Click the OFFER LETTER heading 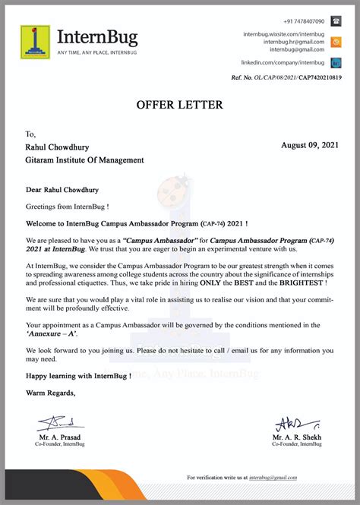(180, 104)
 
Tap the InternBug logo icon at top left (34, 41)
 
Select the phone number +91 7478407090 (304, 21)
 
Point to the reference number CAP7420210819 (320, 77)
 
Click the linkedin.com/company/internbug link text (283, 62)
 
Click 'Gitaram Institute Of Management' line (84, 160)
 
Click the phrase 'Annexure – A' (52, 334)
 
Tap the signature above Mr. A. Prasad (58, 422)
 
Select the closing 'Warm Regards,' (51, 393)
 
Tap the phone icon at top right (336, 21)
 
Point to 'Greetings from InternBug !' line (67, 206)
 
